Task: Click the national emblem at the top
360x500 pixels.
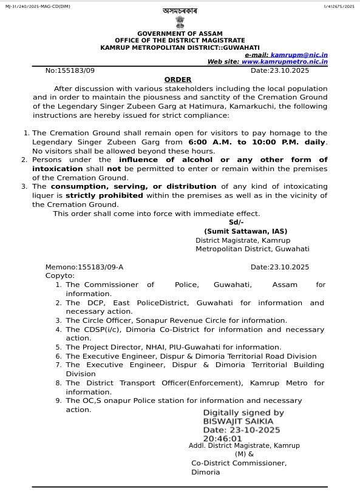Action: (180, 22)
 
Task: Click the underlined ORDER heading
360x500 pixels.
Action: (178, 79)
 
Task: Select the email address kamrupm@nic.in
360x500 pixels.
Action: (299, 55)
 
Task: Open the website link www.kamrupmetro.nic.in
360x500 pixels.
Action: (284, 62)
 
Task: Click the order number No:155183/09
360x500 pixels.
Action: (70, 71)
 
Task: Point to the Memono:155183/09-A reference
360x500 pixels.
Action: (84, 267)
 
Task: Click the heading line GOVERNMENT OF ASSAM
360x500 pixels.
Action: (180, 33)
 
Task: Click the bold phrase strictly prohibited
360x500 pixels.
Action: (104, 195)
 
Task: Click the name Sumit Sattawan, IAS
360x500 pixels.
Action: (245, 231)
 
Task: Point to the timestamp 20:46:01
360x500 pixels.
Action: (222, 438)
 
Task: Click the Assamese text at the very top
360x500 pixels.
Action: (180, 11)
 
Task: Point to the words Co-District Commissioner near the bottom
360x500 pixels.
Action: (239, 463)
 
